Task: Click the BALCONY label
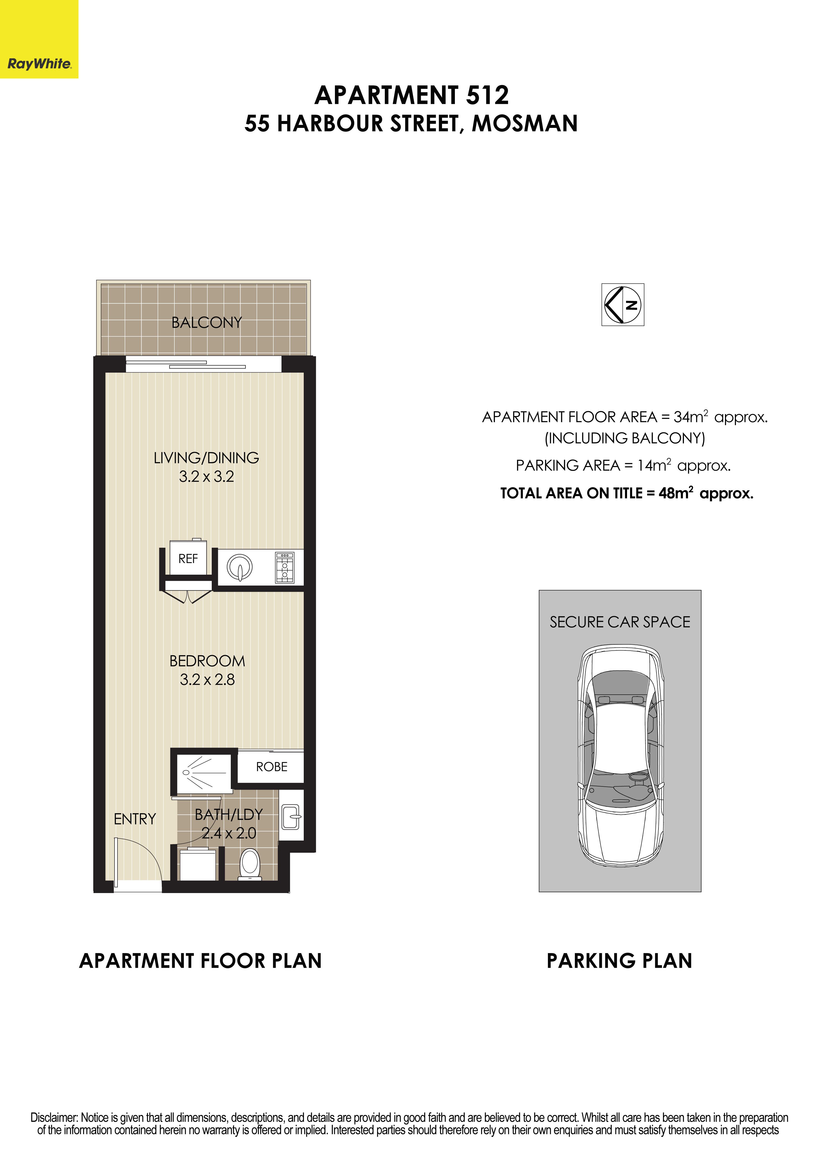[x=207, y=323]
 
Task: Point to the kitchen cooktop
[x=285, y=567]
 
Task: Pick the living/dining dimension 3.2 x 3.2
[x=207, y=477]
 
